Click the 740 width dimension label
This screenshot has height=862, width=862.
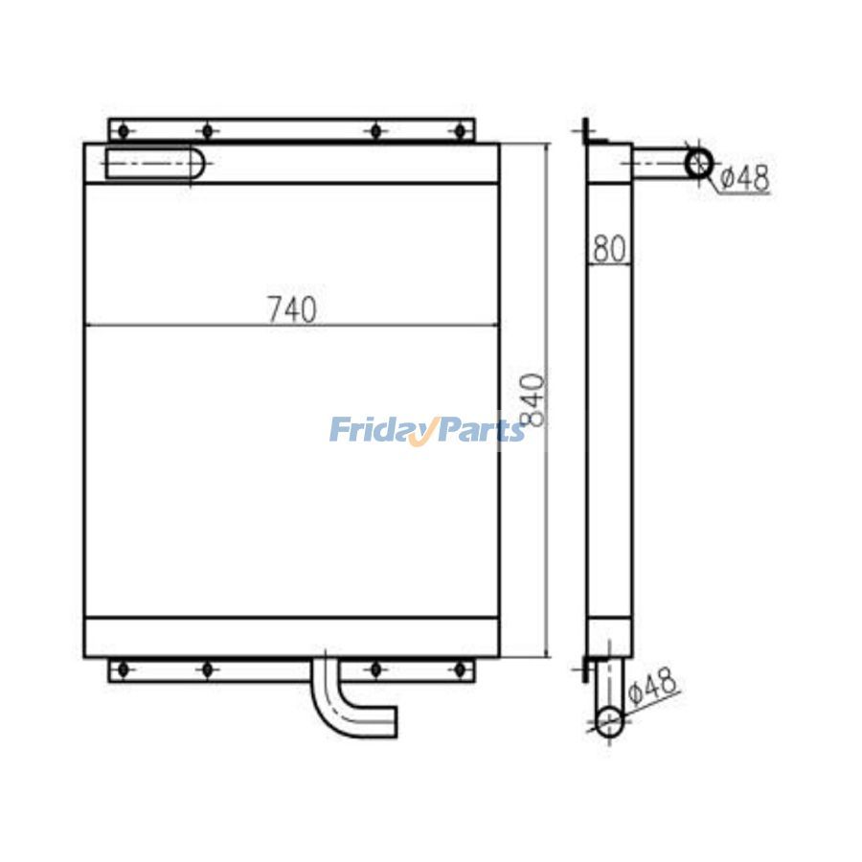(x=292, y=309)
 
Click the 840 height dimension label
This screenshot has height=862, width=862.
(x=532, y=399)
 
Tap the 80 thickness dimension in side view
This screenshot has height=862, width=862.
(x=609, y=248)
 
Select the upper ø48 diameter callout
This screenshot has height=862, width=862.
(x=744, y=178)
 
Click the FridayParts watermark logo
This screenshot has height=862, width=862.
(x=427, y=430)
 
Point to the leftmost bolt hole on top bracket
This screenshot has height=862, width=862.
(x=124, y=131)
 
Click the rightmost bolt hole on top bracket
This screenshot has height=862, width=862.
(x=460, y=131)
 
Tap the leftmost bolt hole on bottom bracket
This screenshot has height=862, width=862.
(x=124, y=669)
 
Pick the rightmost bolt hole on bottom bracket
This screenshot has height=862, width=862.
(x=460, y=669)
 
